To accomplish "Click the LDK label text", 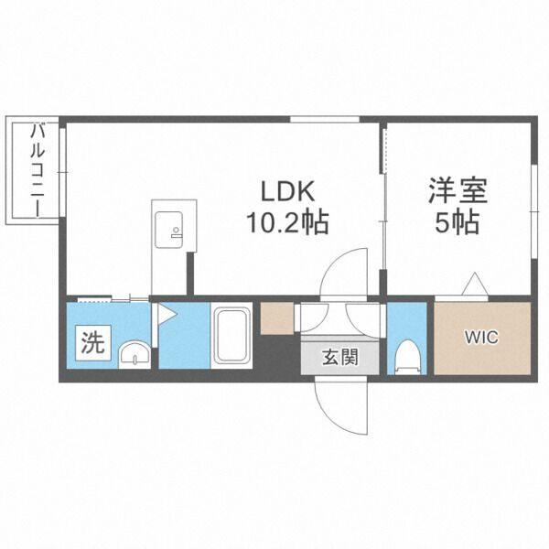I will pyautogui.click(x=289, y=192).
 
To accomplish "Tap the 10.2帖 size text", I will pyautogui.click(x=286, y=222).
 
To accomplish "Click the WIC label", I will pyautogui.click(x=480, y=338).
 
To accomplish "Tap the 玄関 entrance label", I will pyautogui.click(x=339, y=358).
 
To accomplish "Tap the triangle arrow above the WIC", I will pyautogui.click(x=475, y=285).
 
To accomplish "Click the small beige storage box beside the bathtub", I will pyautogui.click(x=275, y=317).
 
